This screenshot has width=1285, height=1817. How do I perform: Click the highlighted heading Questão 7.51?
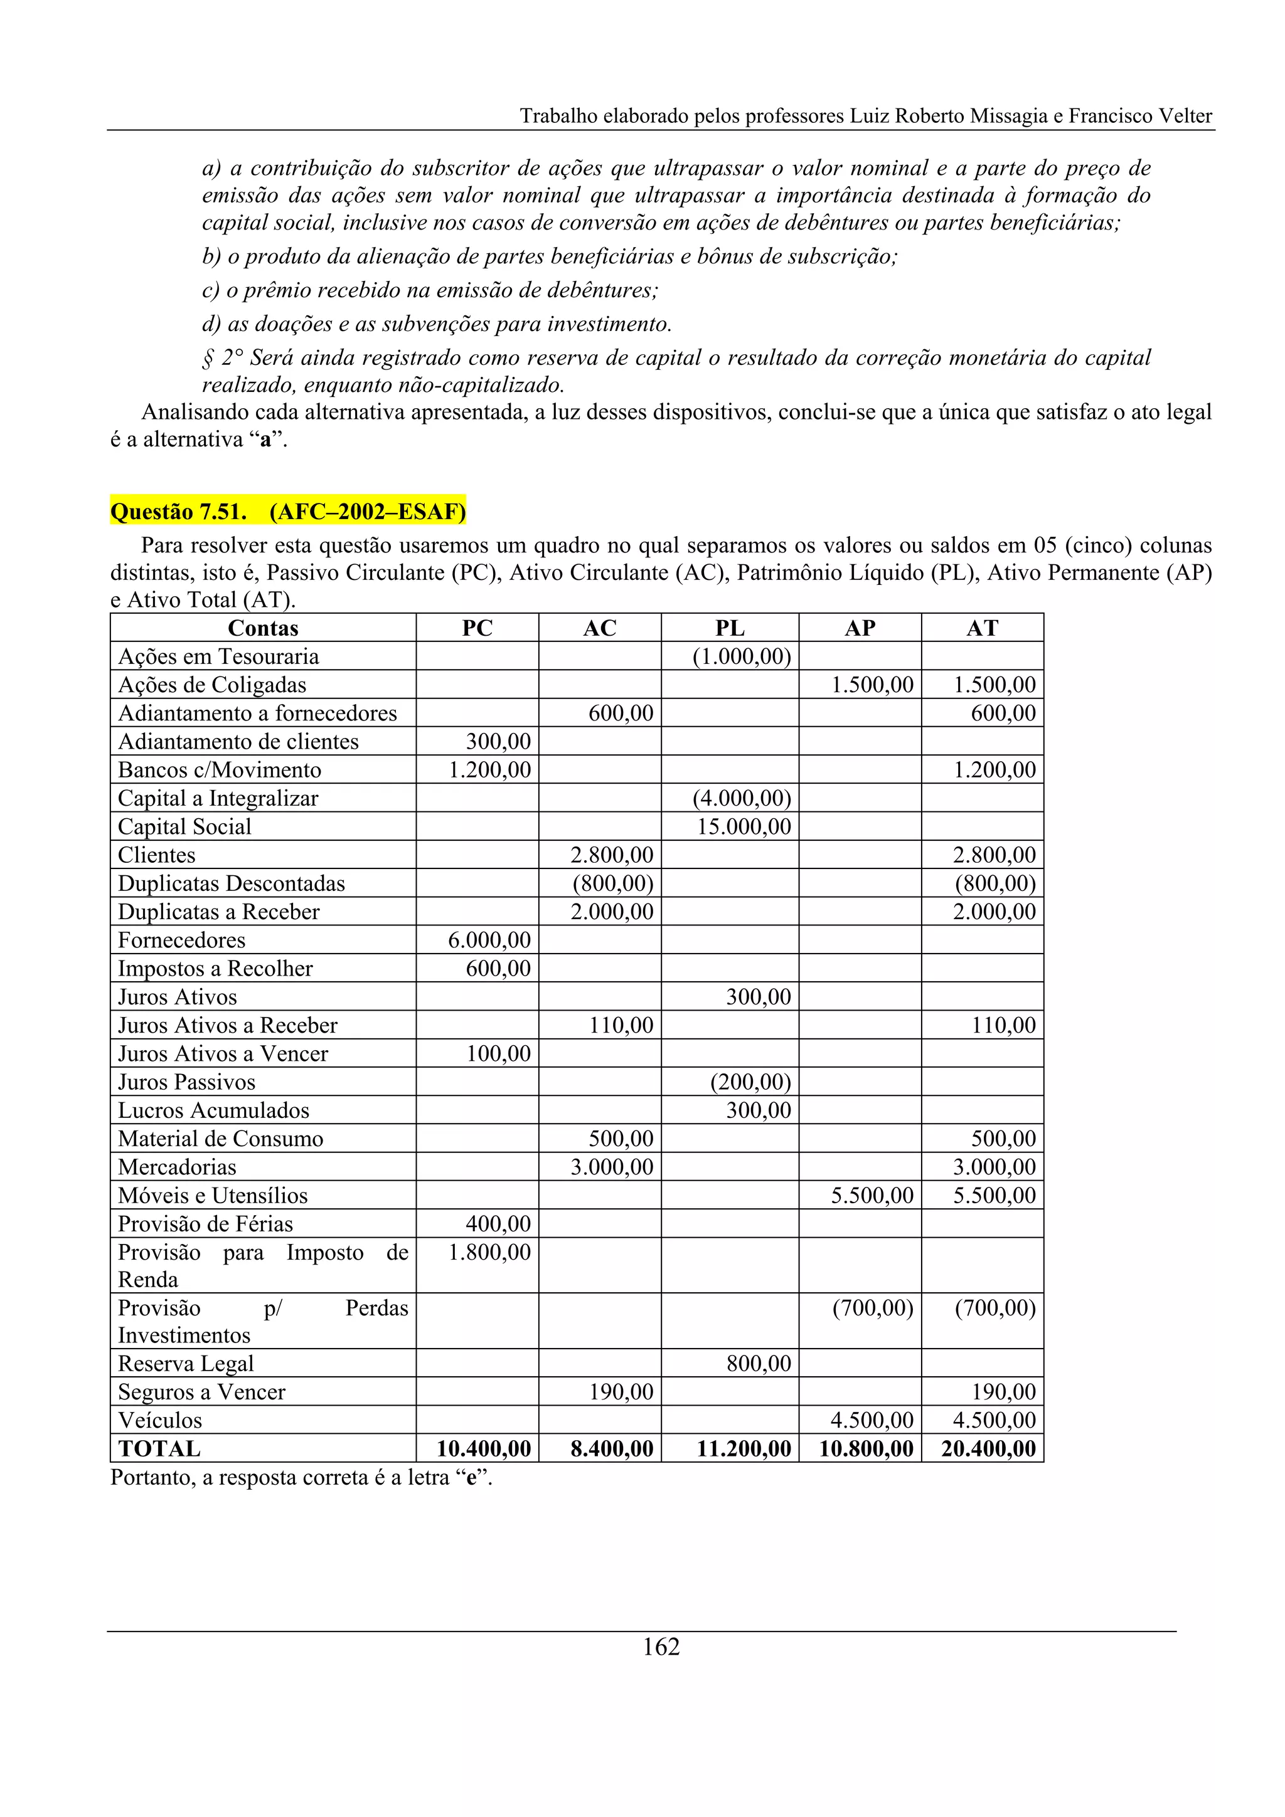click(x=287, y=511)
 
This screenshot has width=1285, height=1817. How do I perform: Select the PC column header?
click(x=477, y=628)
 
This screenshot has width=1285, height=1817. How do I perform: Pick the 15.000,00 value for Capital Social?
click(x=744, y=826)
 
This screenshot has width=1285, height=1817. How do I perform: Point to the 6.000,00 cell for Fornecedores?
click(x=489, y=939)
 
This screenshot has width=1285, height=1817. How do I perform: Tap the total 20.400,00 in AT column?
click(x=988, y=1448)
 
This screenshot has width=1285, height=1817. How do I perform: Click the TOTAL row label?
click(x=159, y=1448)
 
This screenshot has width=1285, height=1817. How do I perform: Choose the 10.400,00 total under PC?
click(x=484, y=1448)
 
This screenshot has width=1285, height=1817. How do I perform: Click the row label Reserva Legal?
click(x=186, y=1363)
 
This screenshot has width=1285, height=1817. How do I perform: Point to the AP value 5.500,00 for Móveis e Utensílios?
click(x=872, y=1195)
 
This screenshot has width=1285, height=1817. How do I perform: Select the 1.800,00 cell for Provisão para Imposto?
click(x=489, y=1252)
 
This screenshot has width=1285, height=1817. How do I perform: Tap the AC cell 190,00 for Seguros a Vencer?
click(x=621, y=1391)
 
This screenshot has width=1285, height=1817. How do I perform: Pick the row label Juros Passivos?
click(x=187, y=1081)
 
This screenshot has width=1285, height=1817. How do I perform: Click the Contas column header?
click(x=263, y=628)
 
